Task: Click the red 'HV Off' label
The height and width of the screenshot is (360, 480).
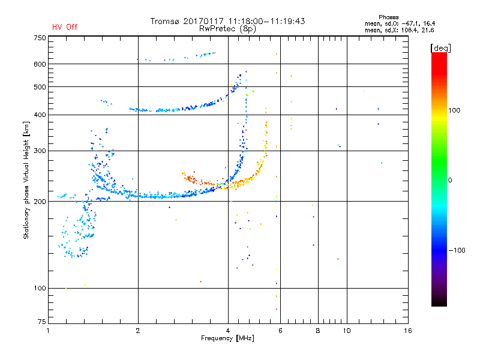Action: (64, 27)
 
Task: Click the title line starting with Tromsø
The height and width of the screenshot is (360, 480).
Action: (227, 21)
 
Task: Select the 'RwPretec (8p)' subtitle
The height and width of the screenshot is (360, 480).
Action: (228, 28)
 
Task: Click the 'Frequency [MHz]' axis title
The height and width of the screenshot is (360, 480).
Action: (227, 339)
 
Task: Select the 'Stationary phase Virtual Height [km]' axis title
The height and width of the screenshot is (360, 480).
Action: (26, 180)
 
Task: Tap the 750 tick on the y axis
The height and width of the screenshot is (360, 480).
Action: (40, 38)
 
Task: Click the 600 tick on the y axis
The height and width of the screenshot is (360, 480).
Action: (40, 64)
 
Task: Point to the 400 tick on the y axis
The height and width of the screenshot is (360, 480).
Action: (40, 115)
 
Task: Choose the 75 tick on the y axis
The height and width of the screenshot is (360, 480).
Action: (41, 323)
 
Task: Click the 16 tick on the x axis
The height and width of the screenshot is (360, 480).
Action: (407, 331)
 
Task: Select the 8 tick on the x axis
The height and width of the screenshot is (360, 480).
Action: (318, 331)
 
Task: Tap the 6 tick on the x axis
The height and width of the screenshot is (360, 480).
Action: (280, 331)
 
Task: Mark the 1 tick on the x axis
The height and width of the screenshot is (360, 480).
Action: (49, 331)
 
